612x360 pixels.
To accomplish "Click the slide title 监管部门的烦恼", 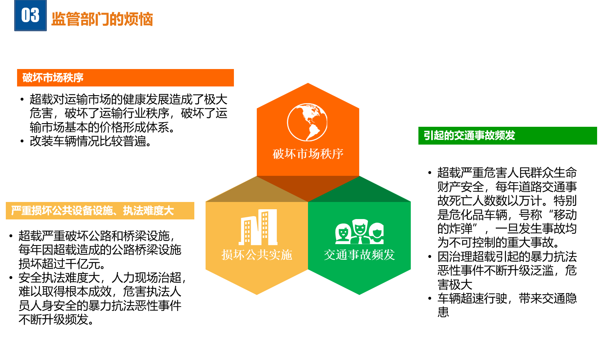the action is (x=102, y=19).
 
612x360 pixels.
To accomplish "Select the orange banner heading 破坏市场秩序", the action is (x=53, y=78).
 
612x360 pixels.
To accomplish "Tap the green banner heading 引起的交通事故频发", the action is (x=469, y=135).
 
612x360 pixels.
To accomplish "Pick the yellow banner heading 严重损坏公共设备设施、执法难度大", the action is (x=92, y=210).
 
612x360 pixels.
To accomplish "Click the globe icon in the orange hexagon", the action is (x=307, y=122).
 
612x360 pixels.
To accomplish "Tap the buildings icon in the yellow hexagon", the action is (x=258, y=227).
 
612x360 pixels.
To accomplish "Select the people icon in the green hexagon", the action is (x=359, y=231).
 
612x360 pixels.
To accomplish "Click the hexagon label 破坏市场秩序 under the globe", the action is (x=308, y=154).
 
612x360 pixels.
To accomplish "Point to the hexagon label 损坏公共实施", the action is (x=257, y=255).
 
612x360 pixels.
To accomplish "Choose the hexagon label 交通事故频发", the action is (x=359, y=255).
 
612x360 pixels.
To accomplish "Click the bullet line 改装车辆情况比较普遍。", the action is (x=90, y=141).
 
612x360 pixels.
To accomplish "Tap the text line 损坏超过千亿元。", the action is (x=62, y=264).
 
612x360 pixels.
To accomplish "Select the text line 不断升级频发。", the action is (x=56, y=319).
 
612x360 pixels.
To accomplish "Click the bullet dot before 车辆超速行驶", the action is (x=430, y=298).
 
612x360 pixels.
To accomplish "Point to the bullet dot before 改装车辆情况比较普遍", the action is (x=22, y=141).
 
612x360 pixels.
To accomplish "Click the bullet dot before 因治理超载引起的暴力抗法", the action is (x=430, y=256).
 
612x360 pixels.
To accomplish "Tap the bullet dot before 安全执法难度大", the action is (x=11, y=278).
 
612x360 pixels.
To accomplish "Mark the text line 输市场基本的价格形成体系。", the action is (x=102, y=128).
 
